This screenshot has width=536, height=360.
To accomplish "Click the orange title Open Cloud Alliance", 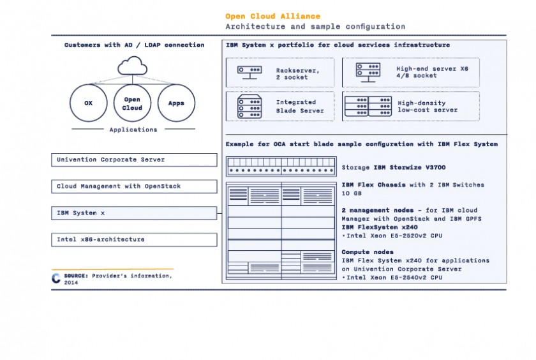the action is click(273, 16).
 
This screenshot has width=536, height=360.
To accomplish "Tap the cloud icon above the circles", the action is click(132, 66).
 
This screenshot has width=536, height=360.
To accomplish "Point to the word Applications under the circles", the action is click(133, 130).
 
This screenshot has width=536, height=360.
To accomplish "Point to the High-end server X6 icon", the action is click(368, 73).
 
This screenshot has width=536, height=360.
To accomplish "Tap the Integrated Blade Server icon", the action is click(250, 107).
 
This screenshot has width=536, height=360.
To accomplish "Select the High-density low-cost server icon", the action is click(368, 107).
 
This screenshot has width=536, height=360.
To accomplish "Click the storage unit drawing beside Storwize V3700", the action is click(281, 167).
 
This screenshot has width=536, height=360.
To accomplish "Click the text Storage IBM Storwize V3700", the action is click(394, 167).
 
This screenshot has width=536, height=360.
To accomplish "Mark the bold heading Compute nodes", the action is click(368, 252).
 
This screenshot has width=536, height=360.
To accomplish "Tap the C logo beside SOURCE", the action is click(56, 278).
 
